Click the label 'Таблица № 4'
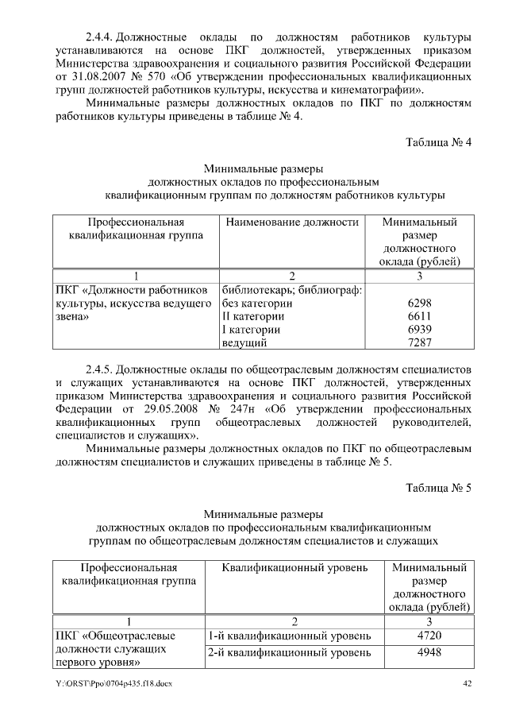[439, 143]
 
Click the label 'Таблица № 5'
[439, 488]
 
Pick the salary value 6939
[418, 330]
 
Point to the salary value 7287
[418, 342]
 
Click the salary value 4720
[429, 636]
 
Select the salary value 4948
[429, 653]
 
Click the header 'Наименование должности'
[293, 222]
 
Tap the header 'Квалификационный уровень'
[294, 568]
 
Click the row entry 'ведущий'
[244, 342]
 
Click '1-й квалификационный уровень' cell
[289, 636]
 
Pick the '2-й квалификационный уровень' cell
[289, 653]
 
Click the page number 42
[467, 685]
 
